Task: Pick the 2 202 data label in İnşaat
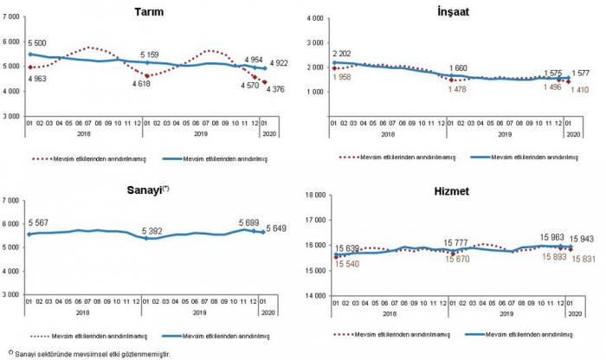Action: [x=345, y=53]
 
